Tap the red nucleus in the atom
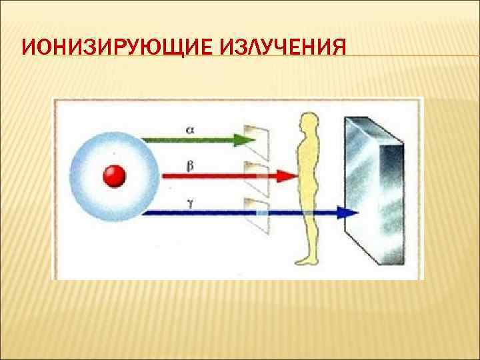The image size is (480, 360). pyautogui.click(x=114, y=176)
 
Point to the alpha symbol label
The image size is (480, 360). pyautogui.click(x=191, y=131)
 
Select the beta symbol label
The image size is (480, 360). pyautogui.click(x=191, y=166)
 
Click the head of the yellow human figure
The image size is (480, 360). pyautogui.click(x=308, y=123)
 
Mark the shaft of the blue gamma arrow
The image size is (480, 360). pyautogui.click(x=200, y=213)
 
